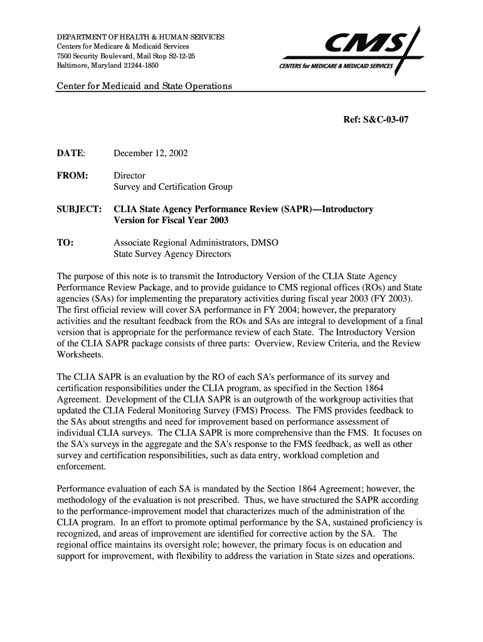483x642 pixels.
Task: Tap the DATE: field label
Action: (x=72, y=154)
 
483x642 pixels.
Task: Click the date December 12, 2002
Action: (x=151, y=154)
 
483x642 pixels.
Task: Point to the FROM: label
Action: (x=72, y=176)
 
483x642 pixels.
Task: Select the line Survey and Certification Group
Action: (x=172, y=187)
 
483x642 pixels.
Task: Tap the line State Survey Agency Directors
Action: (x=172, y=255)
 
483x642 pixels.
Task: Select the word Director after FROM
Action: (x=129, y=176)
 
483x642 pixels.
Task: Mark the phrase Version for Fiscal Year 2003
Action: (x=171, y=221)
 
